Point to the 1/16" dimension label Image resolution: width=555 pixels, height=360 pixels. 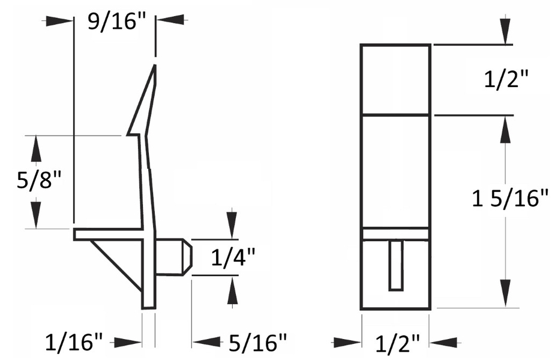point(74,343)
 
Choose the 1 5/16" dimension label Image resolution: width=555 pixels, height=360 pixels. point(511,199)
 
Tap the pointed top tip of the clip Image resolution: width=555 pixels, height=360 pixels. point(155,67)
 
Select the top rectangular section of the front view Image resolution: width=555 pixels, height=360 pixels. point(395,79)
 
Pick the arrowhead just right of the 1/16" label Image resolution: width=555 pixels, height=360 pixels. point(128,343)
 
